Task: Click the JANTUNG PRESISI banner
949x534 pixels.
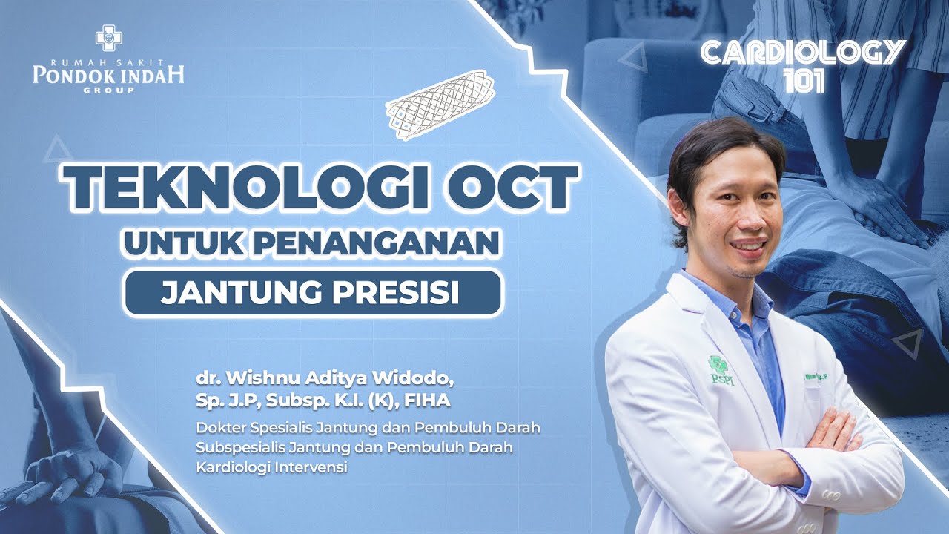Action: point(312,292)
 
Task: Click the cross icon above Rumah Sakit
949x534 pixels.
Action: point(108,38)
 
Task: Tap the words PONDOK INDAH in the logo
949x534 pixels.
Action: point(108,74)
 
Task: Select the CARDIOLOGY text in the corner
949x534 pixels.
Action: point(803,53)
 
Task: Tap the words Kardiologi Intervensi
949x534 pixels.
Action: point(271,468)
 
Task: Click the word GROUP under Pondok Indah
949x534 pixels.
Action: point(109,90)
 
